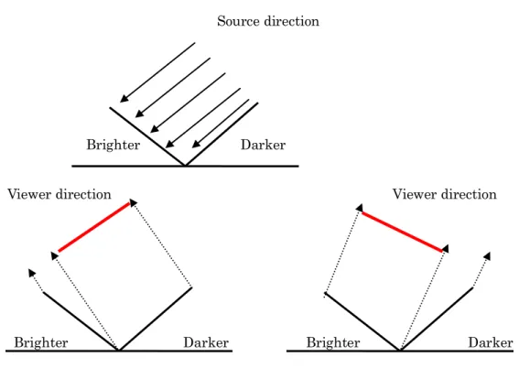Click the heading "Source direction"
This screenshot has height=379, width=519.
click(x=268, y=21)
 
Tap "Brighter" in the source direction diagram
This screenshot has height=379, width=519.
click(x=114, y=145)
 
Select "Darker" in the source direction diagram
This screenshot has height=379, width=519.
click(x=263, y=145)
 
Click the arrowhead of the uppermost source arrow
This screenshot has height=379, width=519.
click(x=124, y=98)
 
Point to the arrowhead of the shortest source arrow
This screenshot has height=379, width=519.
click(x=196, y=144)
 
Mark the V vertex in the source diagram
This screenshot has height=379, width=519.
click(x=185, y=165)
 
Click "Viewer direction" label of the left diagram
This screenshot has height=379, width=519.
click(x=59, y=194)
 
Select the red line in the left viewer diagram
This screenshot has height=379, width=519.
click(x=94, y=227)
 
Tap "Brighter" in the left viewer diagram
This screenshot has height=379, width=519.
click(x=41, y=342)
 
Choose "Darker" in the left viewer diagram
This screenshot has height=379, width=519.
click(x=206, y=342)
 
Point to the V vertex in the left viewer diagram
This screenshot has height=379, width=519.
click(x=118, y=350)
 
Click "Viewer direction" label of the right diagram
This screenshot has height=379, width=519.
click(x=445, y=194)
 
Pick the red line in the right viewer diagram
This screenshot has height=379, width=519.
click(x=403, y=232)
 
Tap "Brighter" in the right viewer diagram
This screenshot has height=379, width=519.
click(x=333, y=342)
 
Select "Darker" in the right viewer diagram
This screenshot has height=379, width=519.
click(x=491, y=342)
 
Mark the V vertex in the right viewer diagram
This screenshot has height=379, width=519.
click(x=400, y=350)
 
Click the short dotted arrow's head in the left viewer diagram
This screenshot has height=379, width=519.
click(x=31, y=273)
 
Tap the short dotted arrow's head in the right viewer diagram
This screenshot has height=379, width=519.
click(x=487, y=255)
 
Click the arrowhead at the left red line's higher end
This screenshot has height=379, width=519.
click(x=133, y=202)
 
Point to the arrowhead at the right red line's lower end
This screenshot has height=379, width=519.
click(x=446, y=249)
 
